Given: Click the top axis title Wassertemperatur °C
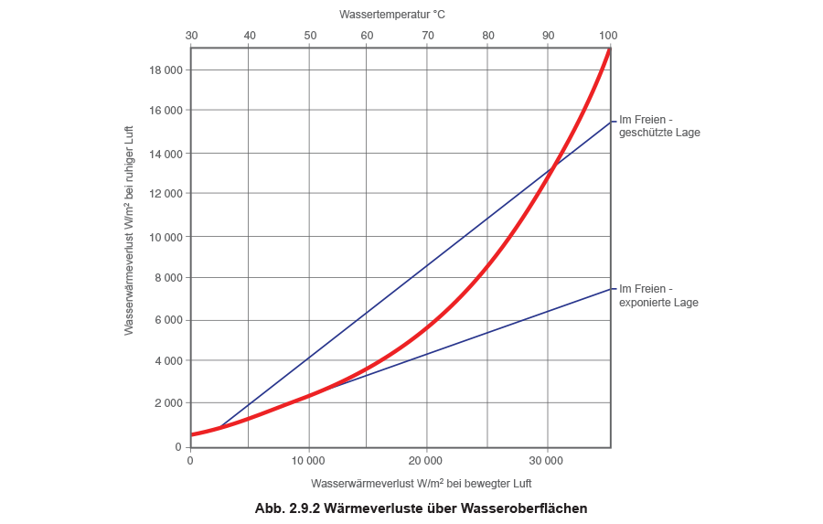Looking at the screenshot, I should click(x=393, y=15).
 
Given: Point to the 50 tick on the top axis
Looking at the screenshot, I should click(x=309, y=35).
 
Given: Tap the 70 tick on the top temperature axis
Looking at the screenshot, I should click(x=428, y=35).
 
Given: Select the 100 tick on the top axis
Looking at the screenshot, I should click(x=608, y=35).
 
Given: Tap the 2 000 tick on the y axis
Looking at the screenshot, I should click(x=173, y=403).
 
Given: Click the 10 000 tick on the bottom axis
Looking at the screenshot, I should click(x=309, y=460).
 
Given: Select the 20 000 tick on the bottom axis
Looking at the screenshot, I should click(x=428, y=460).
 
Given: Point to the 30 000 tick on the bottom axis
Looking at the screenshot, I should click(x=547, y=460).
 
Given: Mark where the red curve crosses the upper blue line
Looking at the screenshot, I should click(x=554, y=167).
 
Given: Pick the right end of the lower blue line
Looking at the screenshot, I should click(x=609, y=289).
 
